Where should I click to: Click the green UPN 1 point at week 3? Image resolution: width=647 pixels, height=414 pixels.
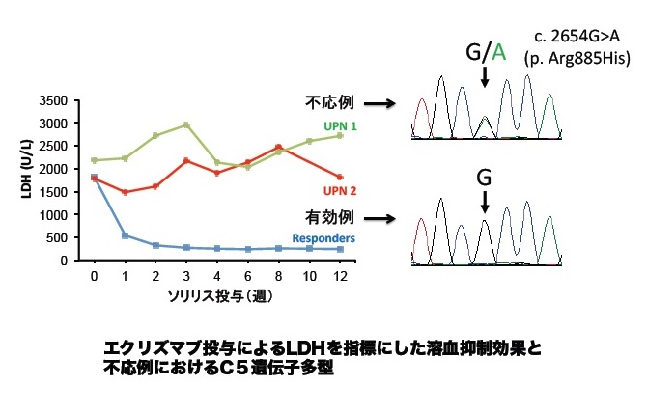pyautogui.click(x=186, y=124)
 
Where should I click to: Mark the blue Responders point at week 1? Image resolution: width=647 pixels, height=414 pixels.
pyautogui.click(x=125, y=235)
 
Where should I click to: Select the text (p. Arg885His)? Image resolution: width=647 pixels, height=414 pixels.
pyautogui.click(x=575, y=59)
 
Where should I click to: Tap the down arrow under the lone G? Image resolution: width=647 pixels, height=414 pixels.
pyautogui.click(x=485, y=201)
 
